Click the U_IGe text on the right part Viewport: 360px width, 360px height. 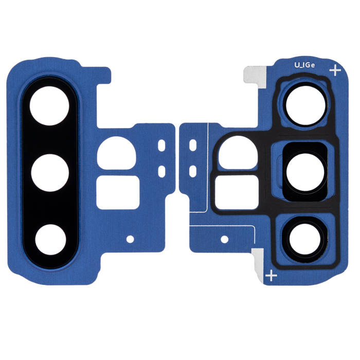pyautogui.click(x=304, y=65)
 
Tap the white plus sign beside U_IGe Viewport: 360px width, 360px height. pyautogui.click(x=335, y=70)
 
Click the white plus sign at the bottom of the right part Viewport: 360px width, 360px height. pyautogui.click(x=271, y=275)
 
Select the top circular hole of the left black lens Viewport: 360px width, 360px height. pyautogui.click(x=49, y=106)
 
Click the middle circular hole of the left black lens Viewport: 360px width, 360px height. pyautogui.click(x=50, y=173)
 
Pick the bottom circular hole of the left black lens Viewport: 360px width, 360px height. pyautogui.click(x=51, y=239)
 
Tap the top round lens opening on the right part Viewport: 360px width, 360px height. pyautogui.click(x=305, y=103)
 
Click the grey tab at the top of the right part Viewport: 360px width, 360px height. pyautogui.click(x=255, y=76)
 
